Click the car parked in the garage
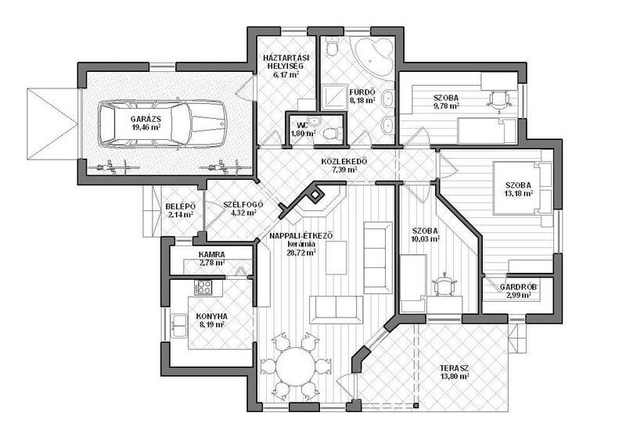click(163, 124)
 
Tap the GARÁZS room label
click(146, 119)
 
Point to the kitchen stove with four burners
click(203, 287)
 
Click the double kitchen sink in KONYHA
click(179, 326)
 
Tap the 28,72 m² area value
click(301, 252)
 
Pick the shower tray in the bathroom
click(334, 97)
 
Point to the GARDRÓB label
click(518, 287)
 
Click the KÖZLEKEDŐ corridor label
click(344, 162)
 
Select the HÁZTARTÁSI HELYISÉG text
click(286, 62)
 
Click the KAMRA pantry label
click(211, 254)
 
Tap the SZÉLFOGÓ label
click(243, 205)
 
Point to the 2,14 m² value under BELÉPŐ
click(181, 214)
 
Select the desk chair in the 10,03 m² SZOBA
click(444, 284)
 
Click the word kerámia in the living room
click(301, 244)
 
